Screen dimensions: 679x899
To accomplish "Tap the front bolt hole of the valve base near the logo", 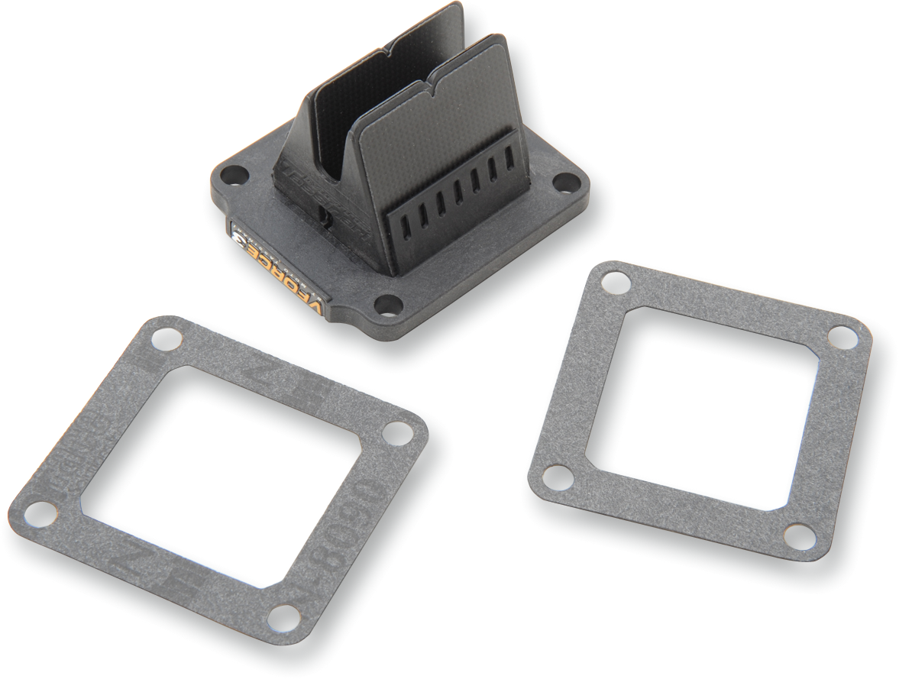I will pyautogui.click(x=389, y=304).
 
